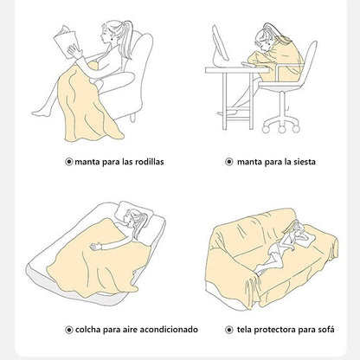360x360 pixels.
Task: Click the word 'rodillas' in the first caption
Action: coord(149,162)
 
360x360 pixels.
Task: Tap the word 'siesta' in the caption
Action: coord(305,162)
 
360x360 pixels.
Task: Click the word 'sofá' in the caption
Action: coord(326,330)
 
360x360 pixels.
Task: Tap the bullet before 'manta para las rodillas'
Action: coord(69,162)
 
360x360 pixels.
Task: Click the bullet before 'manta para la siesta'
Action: coord(229,162)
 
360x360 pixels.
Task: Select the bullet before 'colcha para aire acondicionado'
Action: coord(69,330)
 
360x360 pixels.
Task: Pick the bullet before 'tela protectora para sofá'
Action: coord(229,330)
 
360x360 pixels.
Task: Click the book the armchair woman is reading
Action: coord(66,42)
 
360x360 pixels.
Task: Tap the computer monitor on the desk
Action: coord(221,45)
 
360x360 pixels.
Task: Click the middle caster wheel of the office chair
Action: coord(282,129)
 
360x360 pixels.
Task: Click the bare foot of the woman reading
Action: coord(39,113)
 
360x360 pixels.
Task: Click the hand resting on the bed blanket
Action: coord(96,246)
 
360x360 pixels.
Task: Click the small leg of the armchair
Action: coord(132,118)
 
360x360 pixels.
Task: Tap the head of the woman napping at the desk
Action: coord(264,37)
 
